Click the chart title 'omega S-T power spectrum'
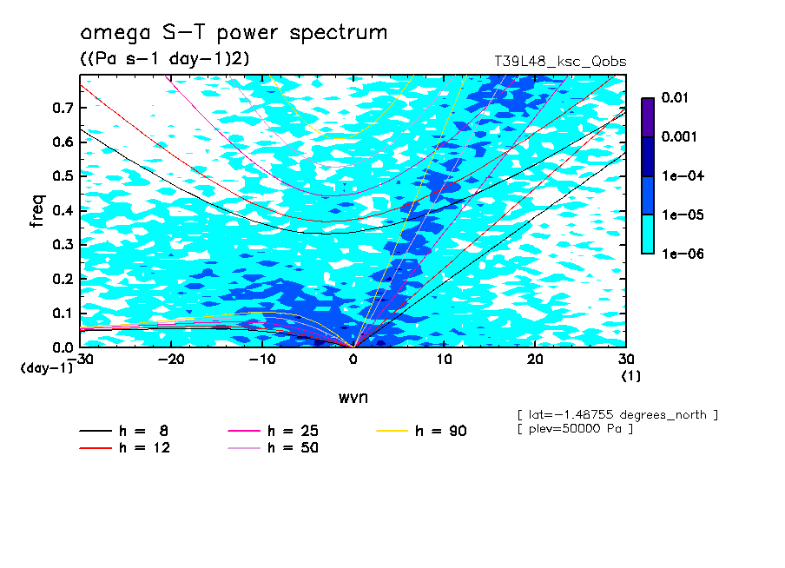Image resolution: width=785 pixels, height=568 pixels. (234, 34)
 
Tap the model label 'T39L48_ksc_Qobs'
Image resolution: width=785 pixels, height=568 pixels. (560, 62)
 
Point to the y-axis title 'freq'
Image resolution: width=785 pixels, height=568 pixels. (36, 210)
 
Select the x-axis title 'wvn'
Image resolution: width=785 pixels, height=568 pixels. (353, 397)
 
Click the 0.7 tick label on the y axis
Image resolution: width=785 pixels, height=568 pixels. (64, 108)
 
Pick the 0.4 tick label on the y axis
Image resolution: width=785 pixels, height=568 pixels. (64, 210)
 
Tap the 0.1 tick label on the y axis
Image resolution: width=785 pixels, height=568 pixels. (64, 314)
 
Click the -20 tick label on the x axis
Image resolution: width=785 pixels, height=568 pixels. (171, 359)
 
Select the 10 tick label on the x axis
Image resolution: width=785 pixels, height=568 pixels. (444, 359)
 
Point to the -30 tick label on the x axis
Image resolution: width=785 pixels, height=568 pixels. (80, 359)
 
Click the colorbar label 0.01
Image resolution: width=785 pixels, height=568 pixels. (675, 98)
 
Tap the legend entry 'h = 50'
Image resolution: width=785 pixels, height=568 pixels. (293, 448)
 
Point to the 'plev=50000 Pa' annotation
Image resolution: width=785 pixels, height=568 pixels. (575, 429)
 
